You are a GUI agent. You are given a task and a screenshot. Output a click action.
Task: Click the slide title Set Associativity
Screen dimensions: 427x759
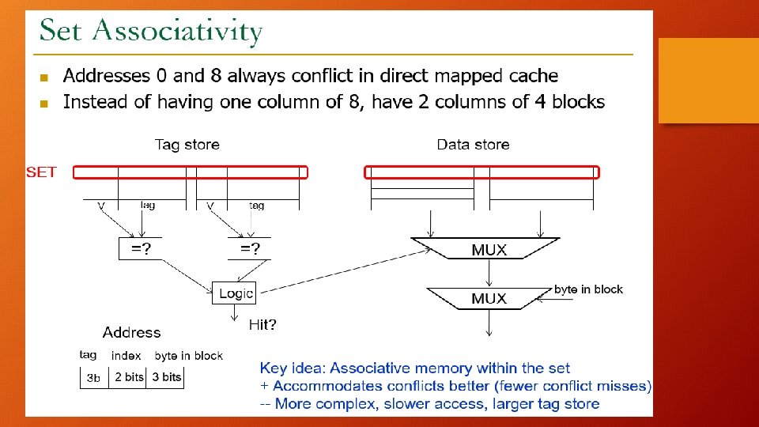[x=151, y=32]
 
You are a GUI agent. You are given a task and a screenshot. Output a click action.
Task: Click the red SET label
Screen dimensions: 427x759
[x=41, y=172]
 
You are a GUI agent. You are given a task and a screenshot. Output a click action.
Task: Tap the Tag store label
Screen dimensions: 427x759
[x=187, y=145]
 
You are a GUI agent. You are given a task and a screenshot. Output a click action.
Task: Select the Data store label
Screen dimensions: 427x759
[x=473, y=145]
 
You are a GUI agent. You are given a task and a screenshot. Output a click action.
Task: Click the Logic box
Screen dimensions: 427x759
[x=235, y=293]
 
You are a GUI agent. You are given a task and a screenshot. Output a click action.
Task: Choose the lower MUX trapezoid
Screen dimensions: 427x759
[x=489, y=298]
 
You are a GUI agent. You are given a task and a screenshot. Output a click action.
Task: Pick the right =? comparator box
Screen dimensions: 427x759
[x=250, y=249]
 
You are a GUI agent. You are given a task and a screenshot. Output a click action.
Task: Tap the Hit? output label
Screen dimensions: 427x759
[x=262, y=324]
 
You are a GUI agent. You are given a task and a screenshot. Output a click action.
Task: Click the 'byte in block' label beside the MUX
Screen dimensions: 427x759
[x=588, y=289]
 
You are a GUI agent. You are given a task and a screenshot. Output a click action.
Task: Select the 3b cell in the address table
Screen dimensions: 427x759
[x=93, y=378]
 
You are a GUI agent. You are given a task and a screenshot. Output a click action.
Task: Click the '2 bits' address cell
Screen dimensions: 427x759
[x=129, y=377]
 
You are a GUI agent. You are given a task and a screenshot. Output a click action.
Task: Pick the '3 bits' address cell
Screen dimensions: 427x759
[x=167, y=377]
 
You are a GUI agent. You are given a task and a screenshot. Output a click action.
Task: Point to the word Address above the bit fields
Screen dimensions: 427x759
[x=131, y=333]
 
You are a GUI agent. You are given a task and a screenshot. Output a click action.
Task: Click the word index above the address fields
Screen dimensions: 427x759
[x=126, y=356]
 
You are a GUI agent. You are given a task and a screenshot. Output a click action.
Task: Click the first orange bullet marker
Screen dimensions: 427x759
[x=44, y=77]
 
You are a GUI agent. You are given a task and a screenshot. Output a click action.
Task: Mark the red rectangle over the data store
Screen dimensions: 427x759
[x=481, y=172]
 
